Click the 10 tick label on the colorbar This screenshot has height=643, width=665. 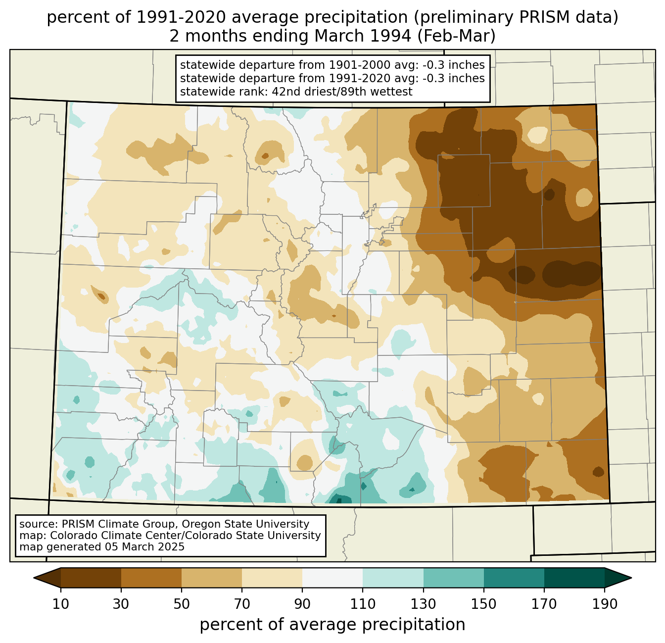61,604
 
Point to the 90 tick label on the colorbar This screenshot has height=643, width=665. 302,604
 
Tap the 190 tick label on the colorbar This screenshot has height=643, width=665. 605,604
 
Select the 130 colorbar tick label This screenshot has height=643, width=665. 424,604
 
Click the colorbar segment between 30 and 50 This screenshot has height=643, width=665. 151,578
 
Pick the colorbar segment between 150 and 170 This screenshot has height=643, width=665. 514,578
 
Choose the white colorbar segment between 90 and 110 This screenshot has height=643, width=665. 332,578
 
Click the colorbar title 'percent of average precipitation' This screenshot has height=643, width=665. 332,625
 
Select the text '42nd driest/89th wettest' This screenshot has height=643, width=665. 351,92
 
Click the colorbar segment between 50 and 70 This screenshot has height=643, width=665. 212,578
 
